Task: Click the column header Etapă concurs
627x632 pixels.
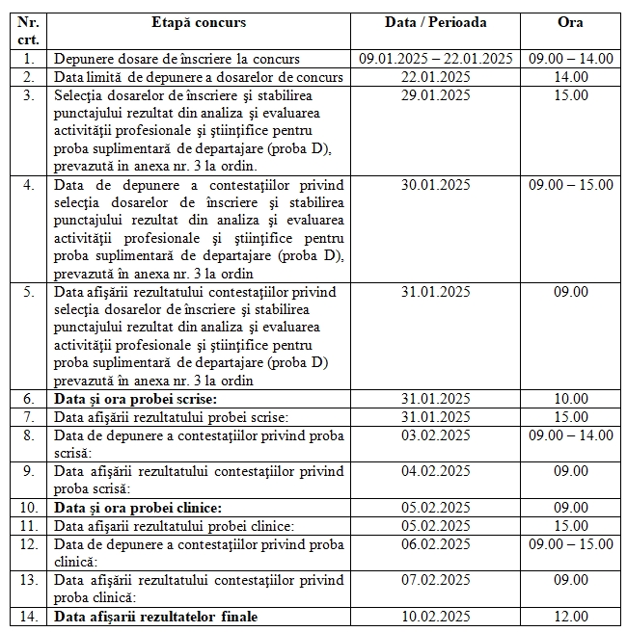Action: tap(199, 22)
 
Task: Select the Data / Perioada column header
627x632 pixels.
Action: tap(435, 22)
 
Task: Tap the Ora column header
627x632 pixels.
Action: tap(571, 22)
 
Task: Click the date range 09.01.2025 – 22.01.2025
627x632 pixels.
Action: tap(435, 58)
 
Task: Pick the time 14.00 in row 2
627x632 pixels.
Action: tap(571, 76)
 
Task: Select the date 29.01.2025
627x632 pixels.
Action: tap(435, 94)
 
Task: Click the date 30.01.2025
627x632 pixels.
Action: tap(435, 184)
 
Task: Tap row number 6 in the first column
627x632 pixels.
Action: tap(28, 399)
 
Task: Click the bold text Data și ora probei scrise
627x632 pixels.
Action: tap(136, 399)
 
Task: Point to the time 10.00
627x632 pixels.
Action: tap(571, 399)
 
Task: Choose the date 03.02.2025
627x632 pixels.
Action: tap(435, 434)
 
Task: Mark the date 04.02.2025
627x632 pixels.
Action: tap(435, 471)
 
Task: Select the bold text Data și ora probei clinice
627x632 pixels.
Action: tap(139, 508)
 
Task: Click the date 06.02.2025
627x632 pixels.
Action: tap(435, 543)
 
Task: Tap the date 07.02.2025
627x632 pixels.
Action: tap(435, 580)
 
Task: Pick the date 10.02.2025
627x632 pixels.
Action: tap(435, 617)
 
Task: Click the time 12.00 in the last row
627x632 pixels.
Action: tap(571, 617)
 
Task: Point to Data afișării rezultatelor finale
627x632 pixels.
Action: tap(156, 617)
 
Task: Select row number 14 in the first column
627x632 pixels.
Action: tap(28, 617)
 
